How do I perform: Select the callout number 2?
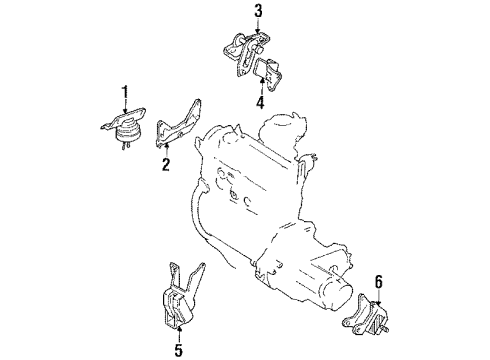click(x=166, y=165)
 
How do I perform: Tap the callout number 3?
click(x=258, y=11)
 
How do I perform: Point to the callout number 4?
click(x=260, y=102)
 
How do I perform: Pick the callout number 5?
click(x=179, y=350)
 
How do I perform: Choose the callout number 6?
click(x=379, y=282)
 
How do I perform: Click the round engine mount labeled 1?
click(x=125, y=128)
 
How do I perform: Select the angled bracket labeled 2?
click(x=178, y=124)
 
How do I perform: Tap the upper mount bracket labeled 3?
click(x=247, y=53)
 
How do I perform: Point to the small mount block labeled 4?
click(x=269, y=74)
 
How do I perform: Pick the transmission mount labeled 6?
click(x=366, y=315)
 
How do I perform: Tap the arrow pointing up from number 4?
click(x=261, y=86)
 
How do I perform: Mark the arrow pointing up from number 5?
click(x=179, y=334)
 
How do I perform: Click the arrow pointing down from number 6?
click(x=379, y=297)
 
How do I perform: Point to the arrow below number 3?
click(x=258, y=26)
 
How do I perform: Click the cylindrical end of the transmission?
click(x=337, y=293)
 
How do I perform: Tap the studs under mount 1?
click(x=125, y=146)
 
